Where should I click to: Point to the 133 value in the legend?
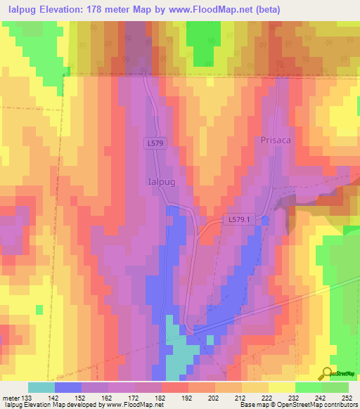point(27,397)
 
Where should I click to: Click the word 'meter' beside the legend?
point(11,397)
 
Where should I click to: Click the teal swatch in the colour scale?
point(41,387)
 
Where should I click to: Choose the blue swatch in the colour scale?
point(68,387)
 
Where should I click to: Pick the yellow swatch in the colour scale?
point(282,387)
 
